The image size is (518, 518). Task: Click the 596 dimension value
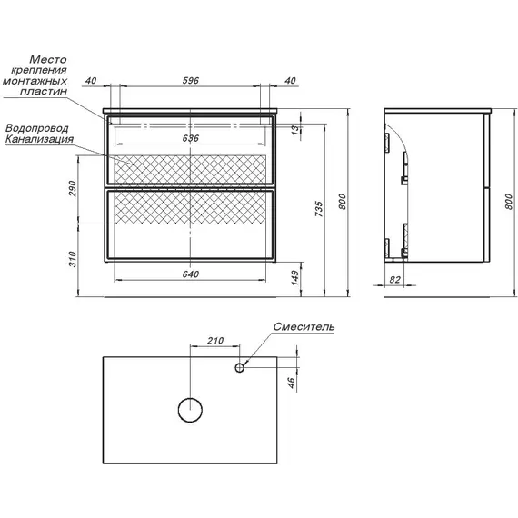click(x=191, y=80)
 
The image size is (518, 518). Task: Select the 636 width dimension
click(x=191, y=138)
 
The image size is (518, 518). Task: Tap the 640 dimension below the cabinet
click(x=191, y=274)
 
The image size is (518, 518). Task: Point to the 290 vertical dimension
click(x=73, y=188)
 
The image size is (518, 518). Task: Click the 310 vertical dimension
click(x=73, y=259)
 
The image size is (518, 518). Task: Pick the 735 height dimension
click(x=318, y=208)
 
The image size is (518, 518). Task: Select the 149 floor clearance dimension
click(x=294, y=278)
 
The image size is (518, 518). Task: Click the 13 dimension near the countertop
click(x=296, y=129)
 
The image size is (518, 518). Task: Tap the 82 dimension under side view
click(x=394, y=280)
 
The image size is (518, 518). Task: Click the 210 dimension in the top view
click(x=215, y=340)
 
